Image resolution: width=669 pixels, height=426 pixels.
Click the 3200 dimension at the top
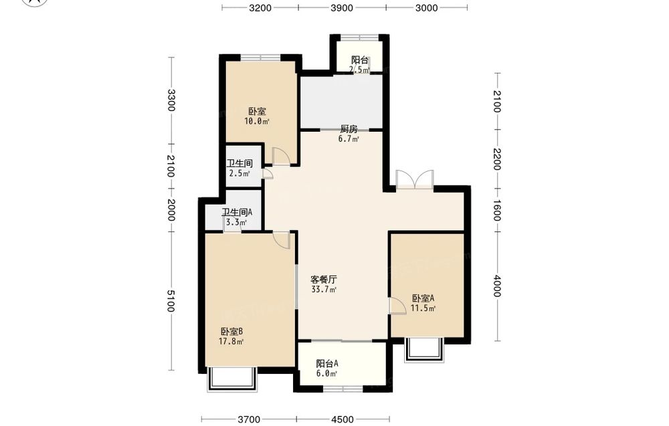[x=260, y=7]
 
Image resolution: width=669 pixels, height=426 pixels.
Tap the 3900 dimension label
[x=342, y=7]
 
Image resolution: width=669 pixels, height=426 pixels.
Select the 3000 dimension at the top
[x=427, y=7]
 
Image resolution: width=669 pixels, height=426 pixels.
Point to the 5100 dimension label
[x=171, y=301]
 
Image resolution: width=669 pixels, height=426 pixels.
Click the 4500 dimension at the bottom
[x=343, y=419]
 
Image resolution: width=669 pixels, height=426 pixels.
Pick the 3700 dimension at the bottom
[x=249, y=419]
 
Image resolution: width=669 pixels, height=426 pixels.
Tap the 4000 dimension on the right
[x=497, y=286]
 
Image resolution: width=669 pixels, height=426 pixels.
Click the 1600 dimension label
[x=497, y=210]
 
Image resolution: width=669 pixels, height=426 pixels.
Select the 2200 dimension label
[x=497, y=159]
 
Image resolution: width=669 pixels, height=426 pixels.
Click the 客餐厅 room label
[x=323, y=280]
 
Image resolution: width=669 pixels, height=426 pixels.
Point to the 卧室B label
[x=231, y=331]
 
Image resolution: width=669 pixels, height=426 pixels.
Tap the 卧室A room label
[x=423, y=298]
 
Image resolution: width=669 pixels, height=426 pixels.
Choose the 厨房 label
[x=349, y=129]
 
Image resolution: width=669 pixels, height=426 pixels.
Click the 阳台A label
[x=327, y=364]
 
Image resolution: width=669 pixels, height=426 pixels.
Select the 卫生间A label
[x=237, y=212]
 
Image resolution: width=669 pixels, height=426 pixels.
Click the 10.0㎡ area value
[x=257, y=122]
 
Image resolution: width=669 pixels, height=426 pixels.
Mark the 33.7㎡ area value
[x=324, y=290]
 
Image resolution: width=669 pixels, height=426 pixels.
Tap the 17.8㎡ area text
[x=231, y=342]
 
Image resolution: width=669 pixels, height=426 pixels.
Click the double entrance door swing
[x=415, y=179]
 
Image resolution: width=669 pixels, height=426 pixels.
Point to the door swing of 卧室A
[x=397, y=306]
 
